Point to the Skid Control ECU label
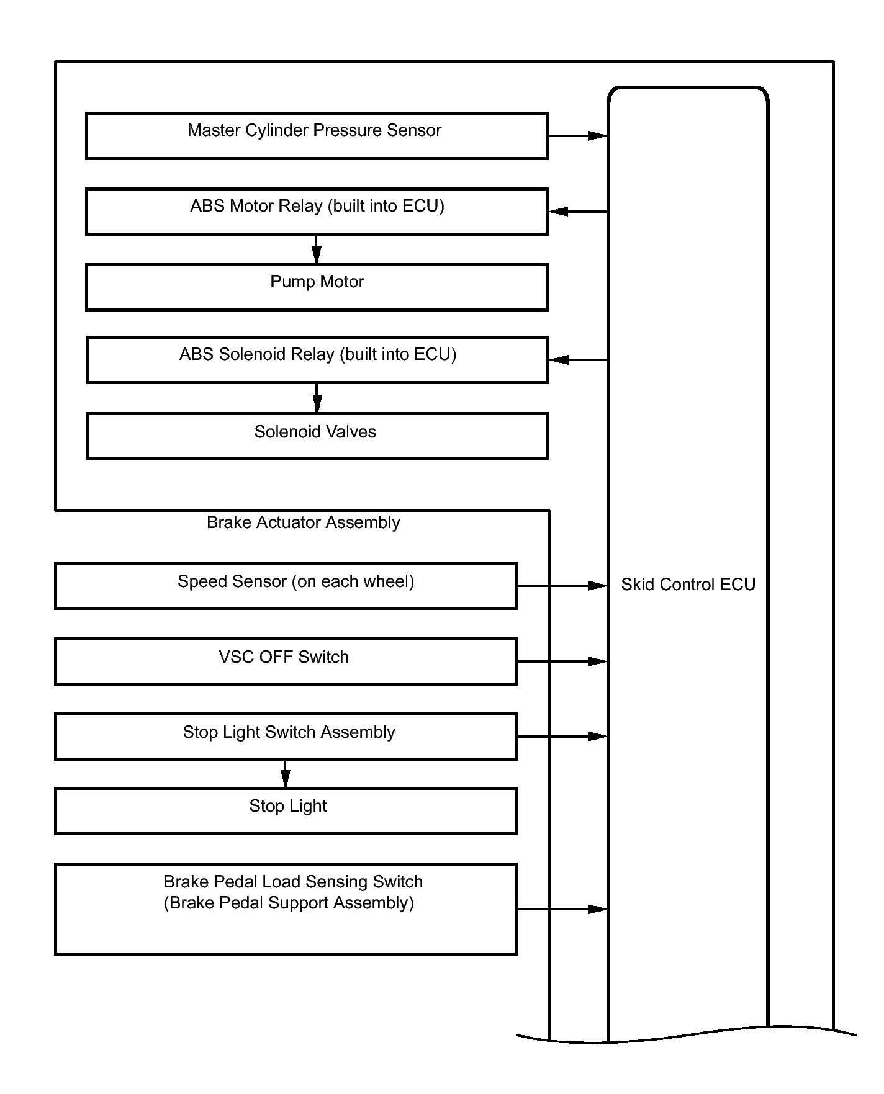688,585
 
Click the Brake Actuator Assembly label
303,522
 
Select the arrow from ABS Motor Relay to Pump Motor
317,249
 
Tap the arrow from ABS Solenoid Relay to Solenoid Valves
317,398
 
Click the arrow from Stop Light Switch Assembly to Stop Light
286,774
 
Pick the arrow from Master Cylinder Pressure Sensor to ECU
577,135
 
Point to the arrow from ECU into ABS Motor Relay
578,212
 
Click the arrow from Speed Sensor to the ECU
562,586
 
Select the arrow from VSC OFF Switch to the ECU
562,661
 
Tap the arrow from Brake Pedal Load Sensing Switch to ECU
562,909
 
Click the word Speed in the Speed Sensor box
201,582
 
